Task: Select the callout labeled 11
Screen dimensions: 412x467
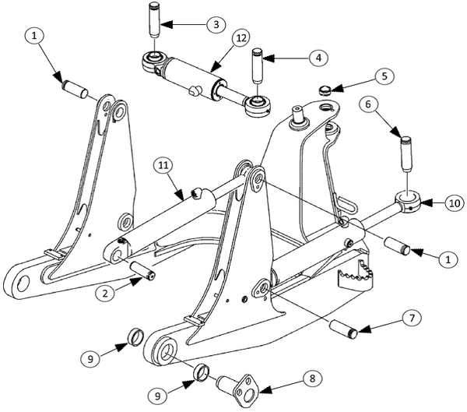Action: (161, 165)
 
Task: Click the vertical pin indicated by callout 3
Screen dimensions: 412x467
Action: (154, 18)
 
